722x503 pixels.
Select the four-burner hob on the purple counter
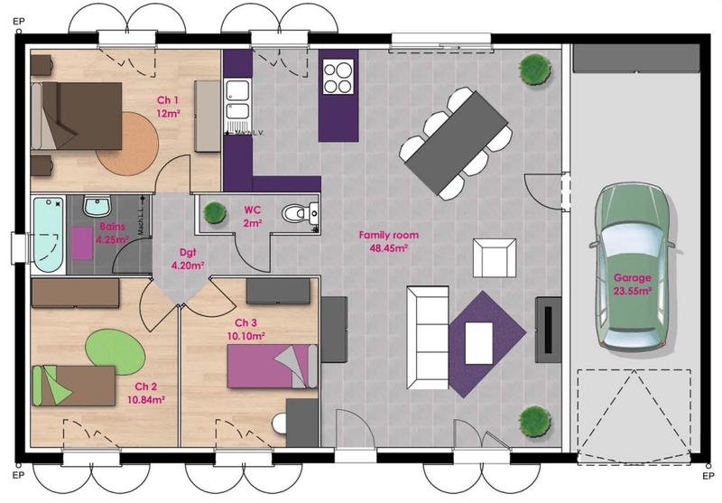coord(338,77)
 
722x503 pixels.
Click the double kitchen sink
coord(238,101)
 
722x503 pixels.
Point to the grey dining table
coord(457,142)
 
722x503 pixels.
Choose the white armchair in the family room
coord(494,257)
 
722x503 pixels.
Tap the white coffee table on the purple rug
coord(478,340)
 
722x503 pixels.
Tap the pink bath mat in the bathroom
coord(83,243)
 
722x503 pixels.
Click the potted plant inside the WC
coord(214,213)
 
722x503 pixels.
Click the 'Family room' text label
coord(388,235)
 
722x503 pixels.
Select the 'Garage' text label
coord(632,278)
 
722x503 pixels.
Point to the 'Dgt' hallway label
coord(188,253)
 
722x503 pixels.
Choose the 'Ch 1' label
coord(168,100)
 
